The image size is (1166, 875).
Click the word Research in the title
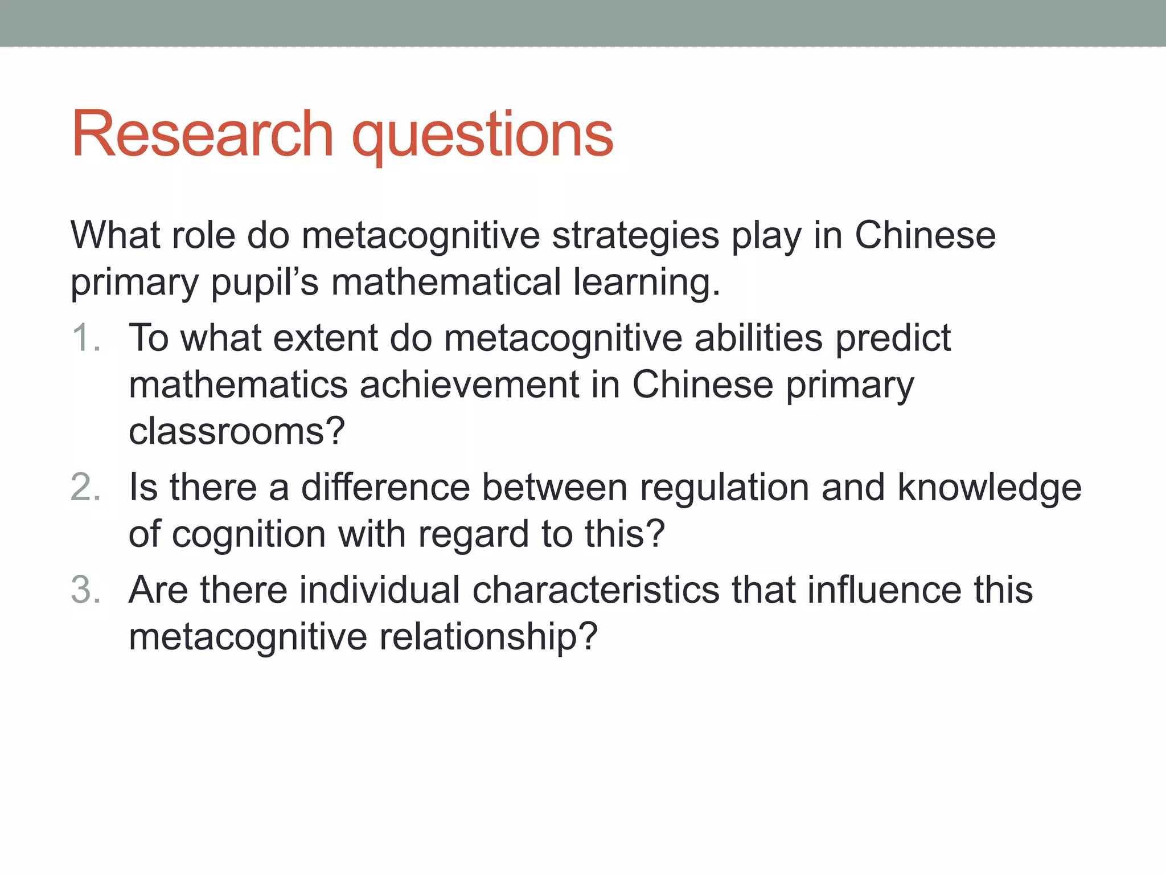pyautogui.click(x=202, y=134)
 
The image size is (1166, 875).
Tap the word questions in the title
pyautogui.click(x=483, y=137)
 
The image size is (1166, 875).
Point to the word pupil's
pyautogui.click(x=265, y=283)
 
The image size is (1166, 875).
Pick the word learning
pyautogui.click(x=647, y=283)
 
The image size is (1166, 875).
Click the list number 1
pyautogui.click(x=85, y=338)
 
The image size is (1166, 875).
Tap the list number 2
pyautogui.click(x=85, y=488)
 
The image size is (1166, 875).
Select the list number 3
pyautogui.click(x=85, y=590)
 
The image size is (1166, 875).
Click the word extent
pyautogui.click(x=325, y=338)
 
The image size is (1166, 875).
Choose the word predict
pyautogui.click(x=893, y=339)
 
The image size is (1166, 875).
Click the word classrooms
pyautogui.click(x=237, y=431)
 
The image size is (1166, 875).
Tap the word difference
pyautogui.click(x=385, y=488)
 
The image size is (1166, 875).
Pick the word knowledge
pyautogui.click(x=990, y=489)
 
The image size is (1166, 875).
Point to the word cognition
pyautogui.click(x=249, y=535)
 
